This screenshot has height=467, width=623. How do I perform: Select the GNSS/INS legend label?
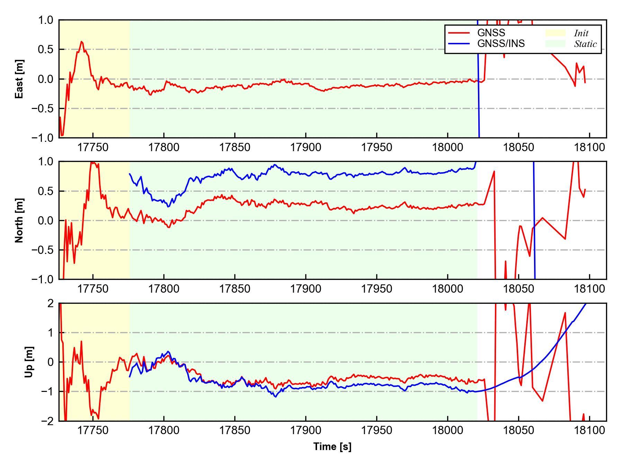pos(501,44)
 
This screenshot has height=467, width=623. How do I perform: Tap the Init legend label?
pos(581,33)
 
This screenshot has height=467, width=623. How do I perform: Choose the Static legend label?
pos(585,44)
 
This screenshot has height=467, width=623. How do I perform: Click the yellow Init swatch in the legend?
pos(555,33)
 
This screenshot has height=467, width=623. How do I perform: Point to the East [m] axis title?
pos(19,79)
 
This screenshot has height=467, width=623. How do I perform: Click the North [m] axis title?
pos(19,220)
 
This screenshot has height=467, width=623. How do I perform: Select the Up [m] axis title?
pos(29,362)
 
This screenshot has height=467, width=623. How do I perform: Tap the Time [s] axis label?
pos(332,447)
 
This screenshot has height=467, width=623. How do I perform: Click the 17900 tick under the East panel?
pos(306,147)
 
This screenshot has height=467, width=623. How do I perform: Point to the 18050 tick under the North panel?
pos(518,289)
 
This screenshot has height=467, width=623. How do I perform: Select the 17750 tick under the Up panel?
pos(93,430)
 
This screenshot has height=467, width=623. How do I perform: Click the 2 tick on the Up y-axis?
pos(51,303)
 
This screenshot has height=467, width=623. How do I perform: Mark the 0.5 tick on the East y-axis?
pos(45,49)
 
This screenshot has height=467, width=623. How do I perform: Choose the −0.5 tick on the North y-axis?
pos(42,250)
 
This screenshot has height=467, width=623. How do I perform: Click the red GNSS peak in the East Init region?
pos(82,42)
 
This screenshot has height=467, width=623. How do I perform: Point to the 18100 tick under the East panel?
pos(589,147)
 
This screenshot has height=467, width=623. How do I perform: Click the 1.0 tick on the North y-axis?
pos(45,162)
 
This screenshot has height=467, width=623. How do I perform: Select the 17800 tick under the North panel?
pos(164,289)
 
